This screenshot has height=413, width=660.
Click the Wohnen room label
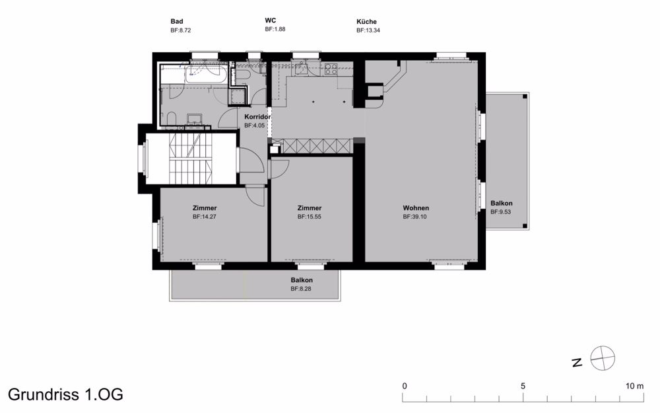tap(416, 208)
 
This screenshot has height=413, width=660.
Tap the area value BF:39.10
tap(415, 216)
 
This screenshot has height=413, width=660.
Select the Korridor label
tap(257, 117)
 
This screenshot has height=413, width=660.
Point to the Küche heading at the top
tap(366, 22)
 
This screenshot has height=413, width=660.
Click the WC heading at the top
tap(270, 20)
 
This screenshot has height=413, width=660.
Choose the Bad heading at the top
tap(176, 22)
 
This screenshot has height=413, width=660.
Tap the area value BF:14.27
tap(205, 216)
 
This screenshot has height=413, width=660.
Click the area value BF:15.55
tap(309, 216)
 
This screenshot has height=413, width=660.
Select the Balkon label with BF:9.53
tap(501, 204)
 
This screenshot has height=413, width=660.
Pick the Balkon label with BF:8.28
tap(301, 280)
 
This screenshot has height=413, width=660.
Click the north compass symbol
tap(602, 359)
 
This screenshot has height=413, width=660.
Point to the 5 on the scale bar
tap(523, 386)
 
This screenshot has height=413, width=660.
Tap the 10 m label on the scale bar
tap(635, 386)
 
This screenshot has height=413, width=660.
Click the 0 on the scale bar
tap(405, 386)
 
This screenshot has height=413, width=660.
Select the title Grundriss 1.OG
tap(65, 394)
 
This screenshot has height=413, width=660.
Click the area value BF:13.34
tap(367, 30)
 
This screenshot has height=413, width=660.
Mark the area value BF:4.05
tap(254, 125)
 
